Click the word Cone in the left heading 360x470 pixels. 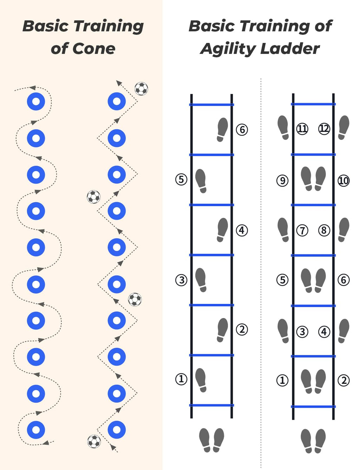coord(94,49)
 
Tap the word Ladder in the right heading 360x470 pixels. coord(290,49)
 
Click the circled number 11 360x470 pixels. coord(302,129)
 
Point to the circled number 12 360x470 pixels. coord(324,129)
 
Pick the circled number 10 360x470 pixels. coord(343,180)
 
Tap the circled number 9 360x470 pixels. coord(282,180)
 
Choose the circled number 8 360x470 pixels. coord(324,230)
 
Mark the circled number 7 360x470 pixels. coord(302,230)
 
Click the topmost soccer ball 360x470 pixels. coord(141,89)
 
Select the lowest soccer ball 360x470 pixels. coord(94,442)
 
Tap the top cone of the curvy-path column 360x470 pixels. coord(36,102)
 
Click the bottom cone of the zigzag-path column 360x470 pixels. coord(117,430)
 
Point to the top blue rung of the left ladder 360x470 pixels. coord(212,105)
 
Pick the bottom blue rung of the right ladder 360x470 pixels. coord(313,407)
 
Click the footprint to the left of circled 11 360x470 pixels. coord(283,128)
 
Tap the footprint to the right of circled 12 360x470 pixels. coord(343,128)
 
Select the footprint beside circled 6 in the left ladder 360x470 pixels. coord(222,130)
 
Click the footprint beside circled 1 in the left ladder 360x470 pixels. coord(201,380)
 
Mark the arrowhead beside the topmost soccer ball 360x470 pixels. coord(119,83)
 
